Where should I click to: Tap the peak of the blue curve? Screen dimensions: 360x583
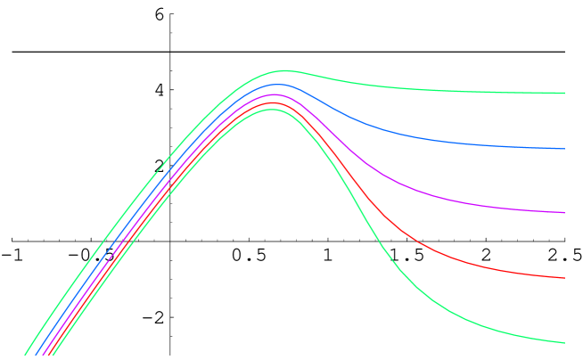pyautogui.click(x=279, y=85)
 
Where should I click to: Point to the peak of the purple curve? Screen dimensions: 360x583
pyautogui.click(x=276, y=94)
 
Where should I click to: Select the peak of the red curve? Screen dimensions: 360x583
pyautogui.click(x=274, y=102)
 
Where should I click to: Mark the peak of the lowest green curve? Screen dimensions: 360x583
pyautogui.click(x=272, y=110)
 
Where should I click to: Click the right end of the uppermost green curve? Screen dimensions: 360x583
pyautogui.click(x=564, y=93)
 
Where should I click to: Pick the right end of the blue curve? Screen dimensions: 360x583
pyautogui.click(x=564, y=149)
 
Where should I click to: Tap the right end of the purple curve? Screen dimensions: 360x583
pyautogui.click(x=564, y=213)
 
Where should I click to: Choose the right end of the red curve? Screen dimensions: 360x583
pyautogui.click(x=564, y=278)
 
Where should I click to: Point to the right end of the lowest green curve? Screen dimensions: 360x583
pyautogui.click(x=564, y=343)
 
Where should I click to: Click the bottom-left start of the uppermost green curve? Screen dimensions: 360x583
pyautogui.click(x=26, y=355)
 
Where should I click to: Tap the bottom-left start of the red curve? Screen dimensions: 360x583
pyautogui.click(x=47, y=355)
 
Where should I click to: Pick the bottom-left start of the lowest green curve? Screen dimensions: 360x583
pyautogui.click(x=53, y=355)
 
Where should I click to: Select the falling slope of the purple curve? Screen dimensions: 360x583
pyautogui.click(x=357, y=160)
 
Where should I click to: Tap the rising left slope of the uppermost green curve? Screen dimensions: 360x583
pyautogui.click(x=134, y=201)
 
